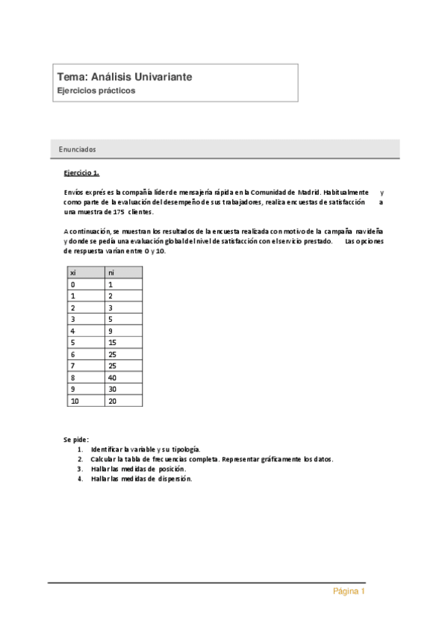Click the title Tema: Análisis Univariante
click(x=125, y=77)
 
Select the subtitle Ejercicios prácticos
click(x=96, y=90)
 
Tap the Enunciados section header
click(x=77, y=149)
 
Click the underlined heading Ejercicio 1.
click(x=81, y=173)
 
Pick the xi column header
click(x=73, y=272)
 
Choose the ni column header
click(x=111, y=272)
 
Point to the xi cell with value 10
click(x=74, y=401)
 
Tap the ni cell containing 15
click(x=113, y=343)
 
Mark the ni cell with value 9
click(x=111, y=331)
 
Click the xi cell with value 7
click(x=72, y=366)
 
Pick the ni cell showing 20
click(x=113, y=401)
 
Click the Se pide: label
click(x=76, y=440)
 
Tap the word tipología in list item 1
click(x=186, y=449)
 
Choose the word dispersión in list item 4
click(x=175, y=478)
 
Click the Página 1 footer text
click(x=349, y=592)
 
